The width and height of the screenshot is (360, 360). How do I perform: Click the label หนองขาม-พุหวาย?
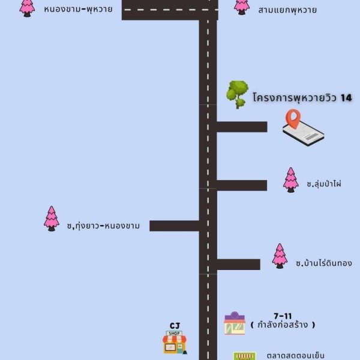coord(78,10)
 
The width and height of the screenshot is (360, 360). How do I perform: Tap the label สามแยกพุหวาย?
coord(287,10)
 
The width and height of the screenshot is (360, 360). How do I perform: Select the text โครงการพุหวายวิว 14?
coord(302,98)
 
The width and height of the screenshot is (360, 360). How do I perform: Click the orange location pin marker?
coord(293,118)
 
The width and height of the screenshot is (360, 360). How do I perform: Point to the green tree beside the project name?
coord(238,94)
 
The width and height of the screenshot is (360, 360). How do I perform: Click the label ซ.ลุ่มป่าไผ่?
coord(324,184)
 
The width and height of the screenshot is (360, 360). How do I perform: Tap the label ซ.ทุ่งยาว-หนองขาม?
coord(103,226)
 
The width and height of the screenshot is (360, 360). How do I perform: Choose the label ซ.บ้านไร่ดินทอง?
coord(324,263)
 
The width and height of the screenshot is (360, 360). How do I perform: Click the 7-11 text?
coord(283,316)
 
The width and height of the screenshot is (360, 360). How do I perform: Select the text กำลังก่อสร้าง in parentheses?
coord(283,325)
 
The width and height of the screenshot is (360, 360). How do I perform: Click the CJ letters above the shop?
coord(175,326)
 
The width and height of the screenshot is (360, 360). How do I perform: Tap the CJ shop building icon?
coord(175,343)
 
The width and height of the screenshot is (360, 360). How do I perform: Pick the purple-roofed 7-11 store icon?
coord(235,323)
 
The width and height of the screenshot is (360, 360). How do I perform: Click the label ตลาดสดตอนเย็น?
coord(296,356)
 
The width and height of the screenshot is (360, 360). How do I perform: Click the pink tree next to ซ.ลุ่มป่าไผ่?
coord(290,180)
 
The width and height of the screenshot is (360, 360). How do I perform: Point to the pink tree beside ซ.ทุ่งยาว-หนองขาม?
coord(52,218)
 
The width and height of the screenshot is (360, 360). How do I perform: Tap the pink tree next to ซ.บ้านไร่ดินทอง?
coord(280,256)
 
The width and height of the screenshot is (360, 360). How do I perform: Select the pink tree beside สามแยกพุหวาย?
coord(242,7)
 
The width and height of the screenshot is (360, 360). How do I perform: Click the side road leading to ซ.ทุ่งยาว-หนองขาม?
coord(174,226)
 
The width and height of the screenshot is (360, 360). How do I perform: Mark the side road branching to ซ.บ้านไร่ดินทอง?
coord(239,265)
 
